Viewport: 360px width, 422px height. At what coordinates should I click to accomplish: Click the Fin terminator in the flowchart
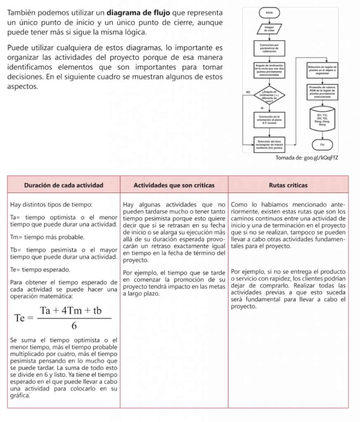point(322,145)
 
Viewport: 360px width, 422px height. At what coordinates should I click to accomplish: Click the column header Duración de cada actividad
point(64,185)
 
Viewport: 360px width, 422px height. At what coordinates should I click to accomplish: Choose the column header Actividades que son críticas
point(174,185)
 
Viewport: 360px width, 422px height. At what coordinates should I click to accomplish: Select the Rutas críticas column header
point(288,185)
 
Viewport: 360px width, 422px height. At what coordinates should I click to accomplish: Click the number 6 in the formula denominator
point(74,326)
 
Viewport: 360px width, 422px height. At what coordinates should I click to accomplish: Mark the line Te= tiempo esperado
point(40,270)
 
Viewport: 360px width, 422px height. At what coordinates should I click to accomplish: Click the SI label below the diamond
point(261,108)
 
